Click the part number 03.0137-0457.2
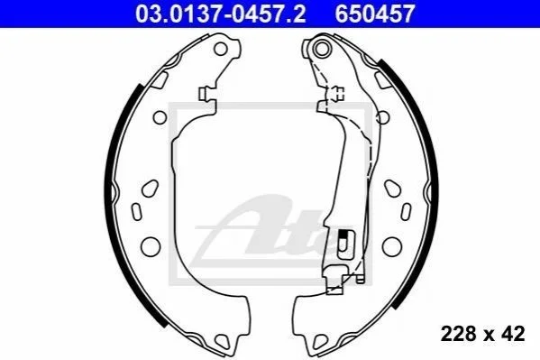(220, 14)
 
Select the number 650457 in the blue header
(375, 14)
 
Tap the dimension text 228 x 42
(483, 334)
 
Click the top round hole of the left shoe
(220, 49)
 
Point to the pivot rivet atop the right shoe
(322, 49)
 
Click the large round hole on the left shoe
(151, 246)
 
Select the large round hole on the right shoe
(392, 246)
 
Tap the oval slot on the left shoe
(137, 212)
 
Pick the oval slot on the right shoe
(406, 212)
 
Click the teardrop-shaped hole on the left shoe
(151, 189)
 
